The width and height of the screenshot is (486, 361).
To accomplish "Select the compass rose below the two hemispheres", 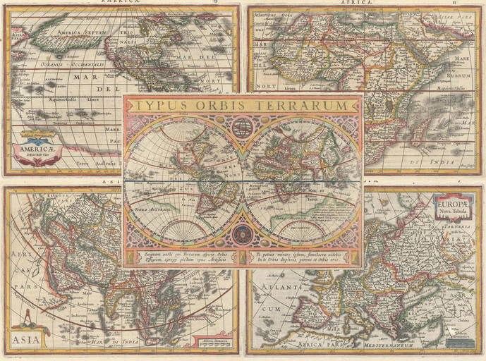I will point(243,231).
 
